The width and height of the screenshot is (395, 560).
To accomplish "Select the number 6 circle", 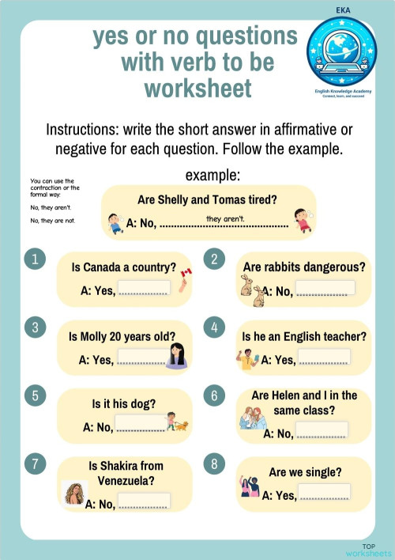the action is (x=213, y=394).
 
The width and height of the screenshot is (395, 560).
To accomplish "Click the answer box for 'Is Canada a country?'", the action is (x=144, y=289).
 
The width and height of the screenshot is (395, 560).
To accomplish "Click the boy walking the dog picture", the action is (x=177, y=422).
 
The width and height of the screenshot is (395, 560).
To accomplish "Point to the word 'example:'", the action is (x=213, y=175).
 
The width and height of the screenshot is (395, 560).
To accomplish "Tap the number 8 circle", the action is (x=213, y=464).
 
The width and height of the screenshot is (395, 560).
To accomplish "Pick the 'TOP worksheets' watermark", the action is (x=368, y=550).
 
